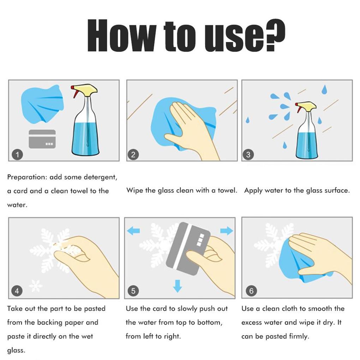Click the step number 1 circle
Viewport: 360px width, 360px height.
(x=17, y=154)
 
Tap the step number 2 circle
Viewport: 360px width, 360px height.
(x=133, y=154)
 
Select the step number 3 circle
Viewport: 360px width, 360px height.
(x=248, y=154)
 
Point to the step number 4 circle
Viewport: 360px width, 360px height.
(x=17, y=291)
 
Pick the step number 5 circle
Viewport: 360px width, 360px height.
(x=133, y=291)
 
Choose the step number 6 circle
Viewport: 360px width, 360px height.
(x=251, y=291)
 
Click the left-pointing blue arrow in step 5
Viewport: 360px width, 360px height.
(x=133, y=230)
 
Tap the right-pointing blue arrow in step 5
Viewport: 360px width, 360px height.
(x=227, y=230)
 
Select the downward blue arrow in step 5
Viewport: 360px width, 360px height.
(x=177, y=286)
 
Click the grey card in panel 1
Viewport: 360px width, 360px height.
(x=42, y=139)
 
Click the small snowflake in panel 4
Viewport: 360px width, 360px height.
(x=36, y=286)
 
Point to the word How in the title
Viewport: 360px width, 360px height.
(x=122, y=35)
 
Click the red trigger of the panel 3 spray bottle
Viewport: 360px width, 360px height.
(x=298, y=107)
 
